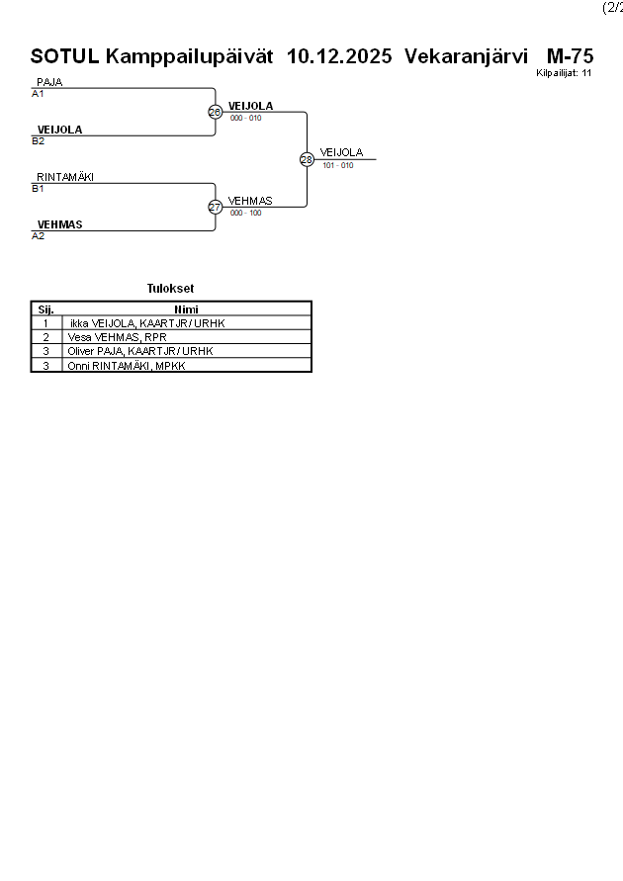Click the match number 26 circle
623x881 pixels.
[x=215, y=112]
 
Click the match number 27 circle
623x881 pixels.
[x=215, y=207]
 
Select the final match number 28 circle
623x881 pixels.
[x=307, y=159]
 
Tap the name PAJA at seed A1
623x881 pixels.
[x=49, y=82]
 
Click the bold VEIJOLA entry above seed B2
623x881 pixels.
[x=59, y=130]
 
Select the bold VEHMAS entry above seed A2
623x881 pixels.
[x=59, y=224]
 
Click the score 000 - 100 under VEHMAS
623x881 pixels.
[x=245, y=213]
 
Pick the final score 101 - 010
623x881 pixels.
[x=337, y=165]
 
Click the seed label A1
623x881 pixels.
[x=38, y=94]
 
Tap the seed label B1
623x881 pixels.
[x=38, y=188]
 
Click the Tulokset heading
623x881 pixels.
[x=170, y=289]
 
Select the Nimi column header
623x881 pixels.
[x=186, y=309]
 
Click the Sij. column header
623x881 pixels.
[x=45, y=309]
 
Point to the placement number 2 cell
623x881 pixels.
[x=45, y=337]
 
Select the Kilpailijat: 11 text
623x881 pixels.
[x=564, y=73]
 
